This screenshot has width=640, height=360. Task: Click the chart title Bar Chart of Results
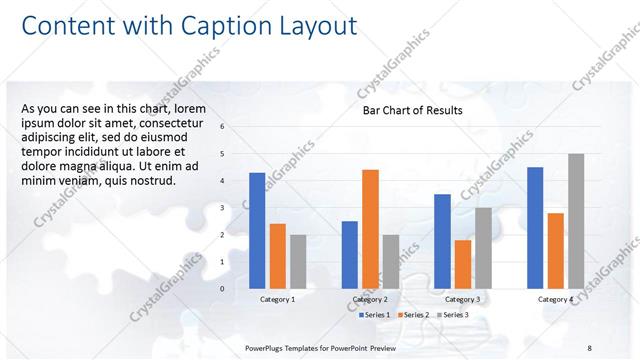(x=412, y=110)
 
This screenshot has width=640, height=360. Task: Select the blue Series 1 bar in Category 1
(x=257, y=230)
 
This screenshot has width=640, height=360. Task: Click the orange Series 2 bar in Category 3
(x=463, y=264)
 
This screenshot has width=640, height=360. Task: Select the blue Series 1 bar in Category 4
(x=535, y=227)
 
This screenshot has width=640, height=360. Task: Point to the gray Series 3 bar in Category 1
(x=298, y=261)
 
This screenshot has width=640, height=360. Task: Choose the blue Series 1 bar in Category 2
(x=350, y=254)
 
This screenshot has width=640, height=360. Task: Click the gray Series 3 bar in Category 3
(x=483, y=247)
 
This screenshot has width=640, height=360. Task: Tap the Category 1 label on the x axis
(x=277, y=299)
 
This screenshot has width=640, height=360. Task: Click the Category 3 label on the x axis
(x=462, y=299)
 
